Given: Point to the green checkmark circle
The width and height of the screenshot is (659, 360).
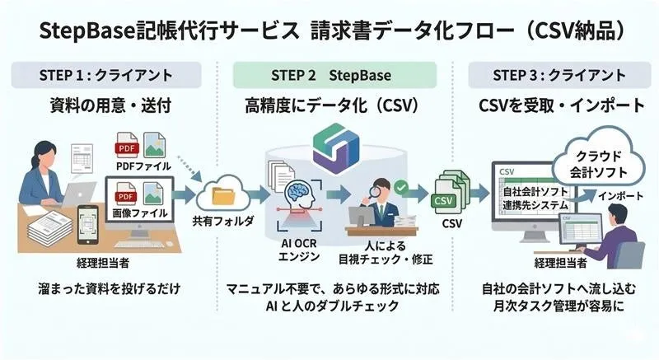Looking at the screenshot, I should (401, 188).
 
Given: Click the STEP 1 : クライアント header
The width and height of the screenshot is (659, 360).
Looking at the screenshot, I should (106, 75).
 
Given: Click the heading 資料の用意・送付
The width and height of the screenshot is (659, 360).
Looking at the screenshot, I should (106, 105).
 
